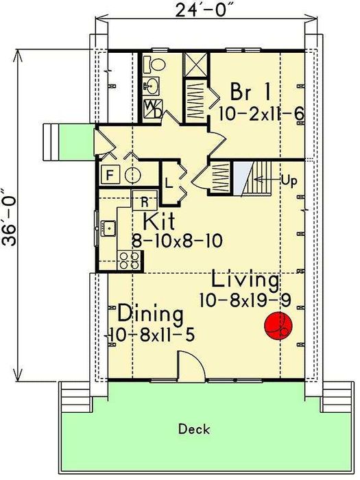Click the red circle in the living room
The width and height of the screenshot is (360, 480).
tap(278, 326)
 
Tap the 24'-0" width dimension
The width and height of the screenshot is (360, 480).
tap(207, 10)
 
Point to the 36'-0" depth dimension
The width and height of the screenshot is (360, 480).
tap(9, 217)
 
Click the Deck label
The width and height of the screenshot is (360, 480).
tap(194, 429)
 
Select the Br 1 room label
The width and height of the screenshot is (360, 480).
tap(250, 91)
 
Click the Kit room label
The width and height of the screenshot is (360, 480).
tap(159, 221)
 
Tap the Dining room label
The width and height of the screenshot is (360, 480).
tap(150, 313)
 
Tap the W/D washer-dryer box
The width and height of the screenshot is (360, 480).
tap(153, 109)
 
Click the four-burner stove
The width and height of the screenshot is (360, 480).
tap(130, 260)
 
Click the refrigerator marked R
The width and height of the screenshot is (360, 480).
tap(145, 201)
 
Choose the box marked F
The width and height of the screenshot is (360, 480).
tap(110, 175)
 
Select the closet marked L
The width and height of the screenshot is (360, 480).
tap(169, 183)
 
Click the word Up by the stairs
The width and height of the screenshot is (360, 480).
tap(289, 180)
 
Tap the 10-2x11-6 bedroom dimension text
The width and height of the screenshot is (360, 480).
tap(261, 114)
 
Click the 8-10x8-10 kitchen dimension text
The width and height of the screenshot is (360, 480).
tap(177, 241)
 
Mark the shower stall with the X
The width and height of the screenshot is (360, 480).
tap(195, 64)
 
